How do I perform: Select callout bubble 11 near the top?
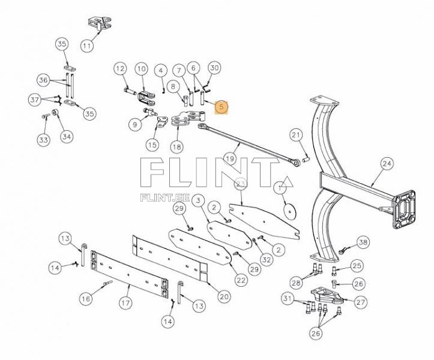point(88,45)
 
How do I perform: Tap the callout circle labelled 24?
point(387,163)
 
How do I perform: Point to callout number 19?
point(229,158)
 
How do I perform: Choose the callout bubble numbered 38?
point(363,242)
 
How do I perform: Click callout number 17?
point(125,303)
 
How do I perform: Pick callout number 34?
point(66,136)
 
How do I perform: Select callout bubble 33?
point(43,140)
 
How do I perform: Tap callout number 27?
point(360,302)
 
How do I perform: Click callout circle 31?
point(289,299)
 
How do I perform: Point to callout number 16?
point(86,298)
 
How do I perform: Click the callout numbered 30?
point(214,68)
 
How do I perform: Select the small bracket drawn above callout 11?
point(100,25)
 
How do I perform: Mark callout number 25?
point(357,266)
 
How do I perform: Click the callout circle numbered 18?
point(176,146)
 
